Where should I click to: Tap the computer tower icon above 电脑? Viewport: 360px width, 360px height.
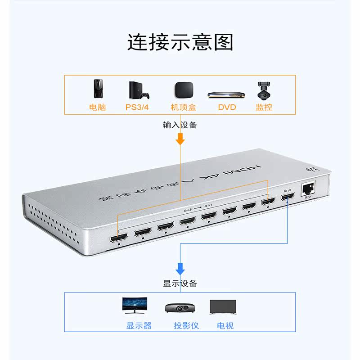coord(97,89)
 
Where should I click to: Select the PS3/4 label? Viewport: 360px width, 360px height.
coord(137,108)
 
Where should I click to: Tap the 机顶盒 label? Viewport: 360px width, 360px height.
coord(183,108)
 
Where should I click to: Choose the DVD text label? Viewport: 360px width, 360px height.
coord(227,108)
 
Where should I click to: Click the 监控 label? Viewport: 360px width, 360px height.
coord(264,108)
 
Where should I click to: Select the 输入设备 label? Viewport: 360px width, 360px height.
coord(180,125)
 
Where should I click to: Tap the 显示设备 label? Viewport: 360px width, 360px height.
coord(180,283)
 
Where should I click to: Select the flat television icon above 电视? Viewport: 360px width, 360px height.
coord(224,306)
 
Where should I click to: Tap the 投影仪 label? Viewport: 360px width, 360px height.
coord(186,325)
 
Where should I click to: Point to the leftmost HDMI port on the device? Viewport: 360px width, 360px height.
coord(118,239)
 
